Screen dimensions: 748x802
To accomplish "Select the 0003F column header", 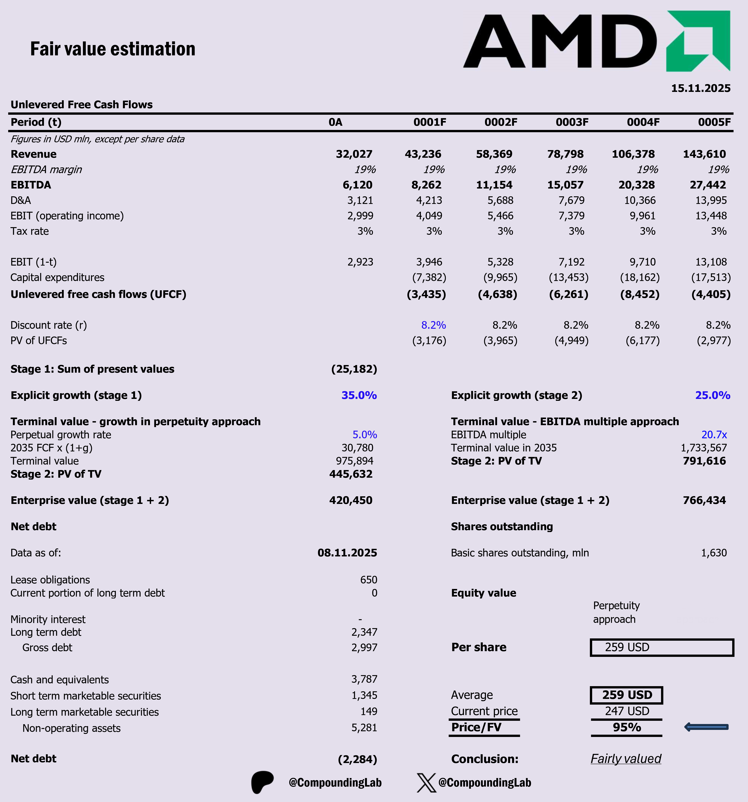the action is pos(572,122).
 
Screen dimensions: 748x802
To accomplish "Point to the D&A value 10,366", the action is pos(640,200).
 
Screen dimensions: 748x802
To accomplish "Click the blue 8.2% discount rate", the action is pos(433,325).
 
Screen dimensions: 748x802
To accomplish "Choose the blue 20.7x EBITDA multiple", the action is pos(714,434).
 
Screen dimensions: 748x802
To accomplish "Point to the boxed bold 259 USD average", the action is pos(627,695).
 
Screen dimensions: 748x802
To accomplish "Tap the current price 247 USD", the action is pos(627,711).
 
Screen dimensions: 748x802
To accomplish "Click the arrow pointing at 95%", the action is pos(707,727).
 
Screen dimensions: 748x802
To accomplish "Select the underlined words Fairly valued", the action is pos(626,759).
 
